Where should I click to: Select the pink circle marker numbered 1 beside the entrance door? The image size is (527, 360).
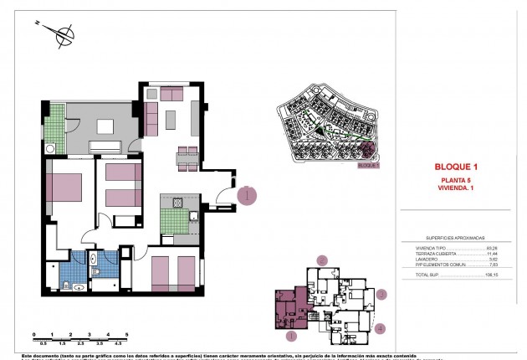coord(247,196)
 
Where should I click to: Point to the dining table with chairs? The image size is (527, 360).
coord(187,155)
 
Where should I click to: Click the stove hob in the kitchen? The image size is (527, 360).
coord(177,203)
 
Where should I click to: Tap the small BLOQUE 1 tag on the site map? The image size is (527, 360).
coord(367,166)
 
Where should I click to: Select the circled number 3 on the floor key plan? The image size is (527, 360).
coord(381,295)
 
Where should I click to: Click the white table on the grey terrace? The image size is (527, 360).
coord(105,127)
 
